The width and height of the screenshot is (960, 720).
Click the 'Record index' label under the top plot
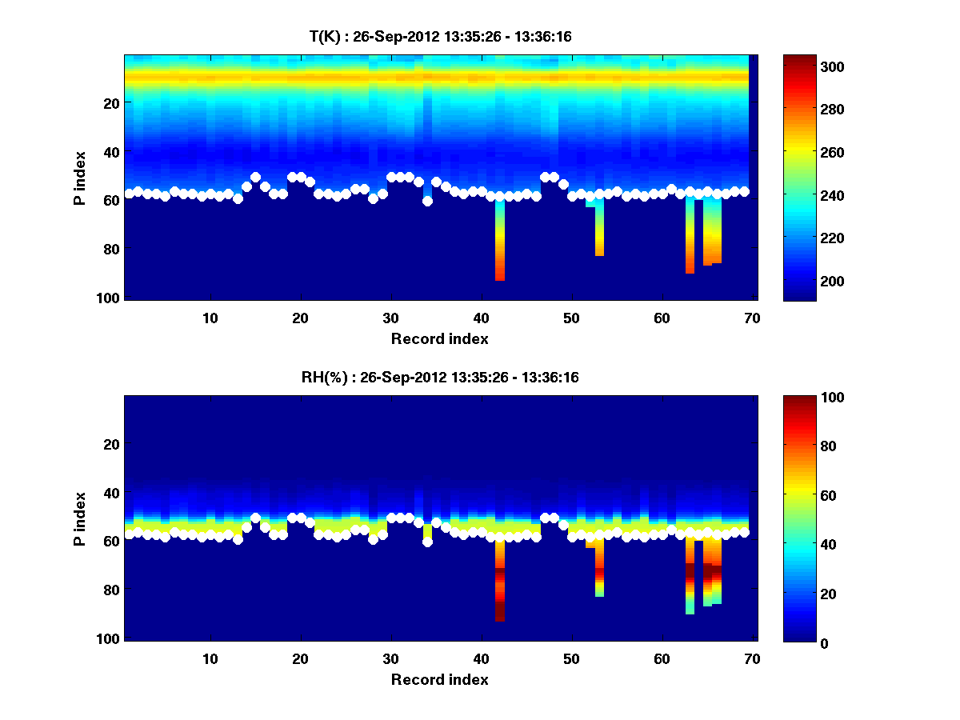(x=439, y=339)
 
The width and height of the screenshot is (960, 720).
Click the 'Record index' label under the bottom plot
(x=439, y=680)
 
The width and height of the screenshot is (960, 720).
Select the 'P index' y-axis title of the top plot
(x=80, y=178)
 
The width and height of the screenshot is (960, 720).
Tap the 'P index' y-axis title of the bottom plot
(x=80, y=518)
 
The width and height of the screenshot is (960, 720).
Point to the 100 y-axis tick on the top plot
(x=110, y=298)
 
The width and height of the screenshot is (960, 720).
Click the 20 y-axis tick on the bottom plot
(x=113, y=444)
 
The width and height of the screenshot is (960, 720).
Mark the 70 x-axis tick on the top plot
(x=752, y=318)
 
